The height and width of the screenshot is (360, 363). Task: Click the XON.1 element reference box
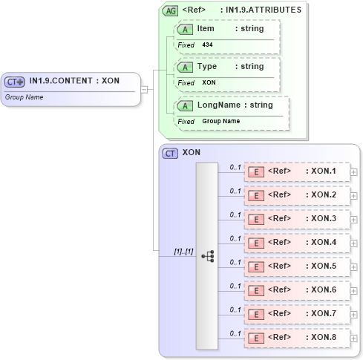click(297, 172)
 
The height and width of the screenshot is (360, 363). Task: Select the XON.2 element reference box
click(297, 196)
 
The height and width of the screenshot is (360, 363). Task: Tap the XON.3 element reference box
click(297, 220)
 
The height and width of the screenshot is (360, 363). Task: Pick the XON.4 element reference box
click(297, 243)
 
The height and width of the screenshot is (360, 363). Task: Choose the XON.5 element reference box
click(297, 267)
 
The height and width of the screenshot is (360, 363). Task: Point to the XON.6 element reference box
click(297, 291)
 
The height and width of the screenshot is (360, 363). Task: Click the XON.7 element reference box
click(297, 315)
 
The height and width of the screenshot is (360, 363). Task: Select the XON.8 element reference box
click(297, 338)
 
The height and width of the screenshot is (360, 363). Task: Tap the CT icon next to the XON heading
click(170, 153)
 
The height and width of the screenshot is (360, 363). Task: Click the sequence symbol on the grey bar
click(207, 255)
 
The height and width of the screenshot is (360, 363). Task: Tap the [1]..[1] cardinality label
click(183, 252)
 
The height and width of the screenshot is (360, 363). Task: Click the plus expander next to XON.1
click(354, 172)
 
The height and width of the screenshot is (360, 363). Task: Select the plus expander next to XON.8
click(354, 338)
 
